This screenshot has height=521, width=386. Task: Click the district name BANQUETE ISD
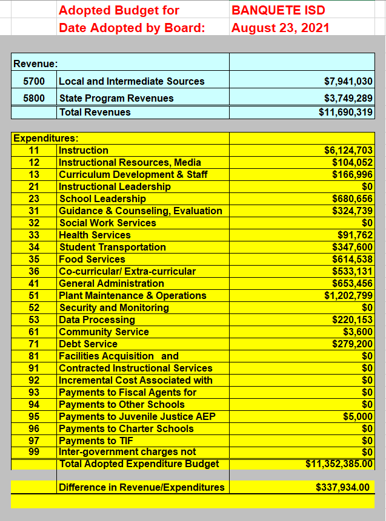click(278, 10)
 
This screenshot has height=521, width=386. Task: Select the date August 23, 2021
click(281, 28)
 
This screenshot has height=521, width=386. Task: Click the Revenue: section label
click(36, 63)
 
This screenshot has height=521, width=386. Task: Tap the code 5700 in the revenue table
click(34, 81)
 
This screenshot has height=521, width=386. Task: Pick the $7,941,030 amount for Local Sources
click(348, 81)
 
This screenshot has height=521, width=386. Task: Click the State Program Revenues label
click(116, 98)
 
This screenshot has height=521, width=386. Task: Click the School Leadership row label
click(102, 198)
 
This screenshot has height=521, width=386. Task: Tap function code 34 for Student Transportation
click(34, 247)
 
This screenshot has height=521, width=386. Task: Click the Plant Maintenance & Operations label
click(132, 295)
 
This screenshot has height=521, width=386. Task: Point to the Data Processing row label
click(97, 319)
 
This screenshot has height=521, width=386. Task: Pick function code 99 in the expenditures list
click(34, 452)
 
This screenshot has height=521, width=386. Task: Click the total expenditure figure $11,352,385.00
click(339, 464)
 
